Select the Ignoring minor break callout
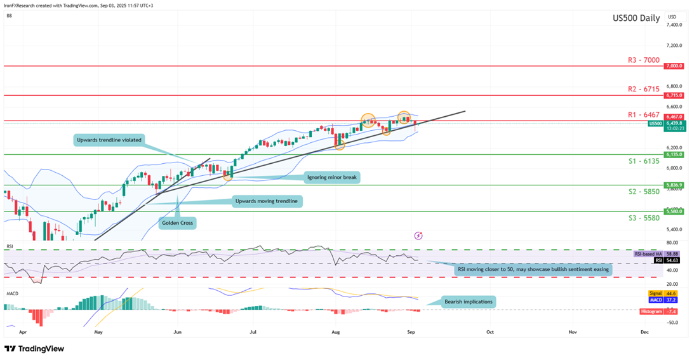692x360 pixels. [x=331, y=177]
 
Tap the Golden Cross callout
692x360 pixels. [x=178, y=223]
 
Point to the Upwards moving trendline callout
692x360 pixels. [x=265, y=201]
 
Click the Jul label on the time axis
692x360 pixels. [x=253, y=331]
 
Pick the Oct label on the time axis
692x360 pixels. [x=489, y=331]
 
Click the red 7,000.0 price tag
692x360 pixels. [x=673, y=66]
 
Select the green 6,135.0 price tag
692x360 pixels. [x=673, y=154]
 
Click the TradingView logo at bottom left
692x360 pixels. [x=34, y=349]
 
